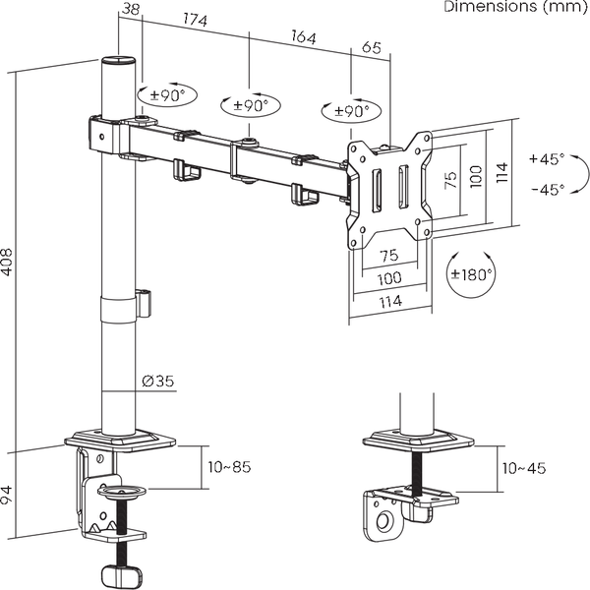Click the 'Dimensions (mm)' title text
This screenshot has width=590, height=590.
(x=511, y=8)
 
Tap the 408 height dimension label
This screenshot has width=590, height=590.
(x=8, y=259)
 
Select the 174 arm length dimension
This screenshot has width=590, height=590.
(x=195, y=20)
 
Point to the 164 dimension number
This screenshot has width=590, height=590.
(x=302, y=38)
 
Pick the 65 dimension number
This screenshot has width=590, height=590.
(x=372, y=46)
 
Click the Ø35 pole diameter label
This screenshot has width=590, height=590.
(x=158, y=381)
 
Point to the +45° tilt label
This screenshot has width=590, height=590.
(x=546, y=158)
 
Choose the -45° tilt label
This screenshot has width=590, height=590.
(x=546, y=190)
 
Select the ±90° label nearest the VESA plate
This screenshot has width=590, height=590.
(x=351, y=111)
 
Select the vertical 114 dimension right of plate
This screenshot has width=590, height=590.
(x=501, y=174)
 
